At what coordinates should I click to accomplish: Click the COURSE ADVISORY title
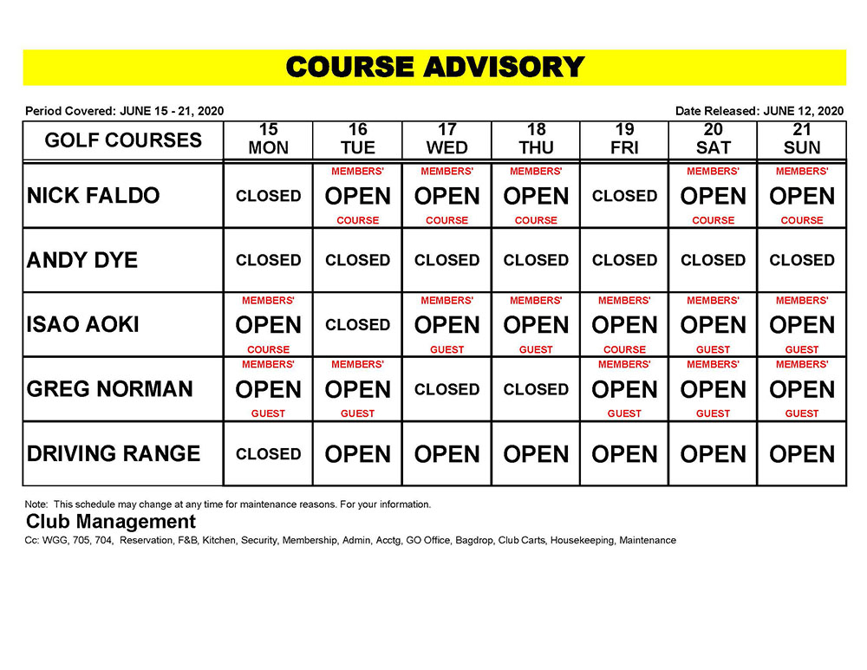click(434, 68)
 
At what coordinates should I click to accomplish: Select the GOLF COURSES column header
click(123, 140)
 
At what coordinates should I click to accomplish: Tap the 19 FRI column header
click(624, 140)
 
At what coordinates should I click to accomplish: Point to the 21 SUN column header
click(802, 140)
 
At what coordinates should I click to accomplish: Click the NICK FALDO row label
click(94, 196)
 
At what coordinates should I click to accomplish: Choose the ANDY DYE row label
click(82, 260)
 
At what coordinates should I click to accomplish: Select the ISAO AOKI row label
click(83, 325)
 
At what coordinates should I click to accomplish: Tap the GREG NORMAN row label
click(110, 389)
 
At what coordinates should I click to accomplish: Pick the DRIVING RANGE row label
click(114, 453)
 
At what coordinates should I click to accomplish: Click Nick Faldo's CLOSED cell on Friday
click(624, 196)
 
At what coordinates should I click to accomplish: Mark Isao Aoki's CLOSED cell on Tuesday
click(357, 325)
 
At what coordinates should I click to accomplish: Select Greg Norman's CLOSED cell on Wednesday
click(447, 389)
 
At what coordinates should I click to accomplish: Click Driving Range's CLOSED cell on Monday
click(268, 453)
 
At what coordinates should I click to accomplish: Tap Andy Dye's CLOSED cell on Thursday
click(536, 260)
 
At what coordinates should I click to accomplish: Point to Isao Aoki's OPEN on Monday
click(268, 325)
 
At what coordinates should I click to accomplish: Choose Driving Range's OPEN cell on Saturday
click(714, 454)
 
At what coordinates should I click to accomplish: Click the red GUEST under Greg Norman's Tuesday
click(357, 414)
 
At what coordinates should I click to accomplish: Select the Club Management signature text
click(111, 522)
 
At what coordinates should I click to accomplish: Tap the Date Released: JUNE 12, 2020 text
click(759, 111)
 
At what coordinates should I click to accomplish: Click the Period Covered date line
click(125, 111)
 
